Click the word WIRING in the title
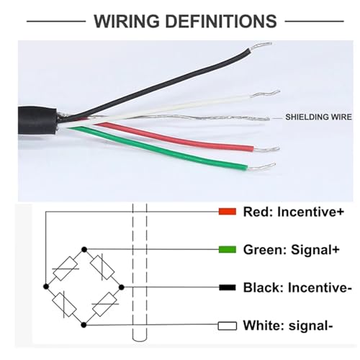(127, 21)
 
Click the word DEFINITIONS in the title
(221, 21)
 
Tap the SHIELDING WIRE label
(318, 117)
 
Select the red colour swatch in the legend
(228, 212)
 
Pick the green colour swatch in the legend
(228, 250)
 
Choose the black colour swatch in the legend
(228, 287)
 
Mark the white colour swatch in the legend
(228, 326)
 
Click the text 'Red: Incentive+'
(294, 212)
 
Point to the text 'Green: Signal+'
(292, 250)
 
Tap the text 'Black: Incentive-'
(297, 287)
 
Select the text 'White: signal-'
(288, 325)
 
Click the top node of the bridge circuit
(84, 250)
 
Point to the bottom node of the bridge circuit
(84, 325)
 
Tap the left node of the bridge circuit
(46, 287)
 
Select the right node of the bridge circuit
(122, 287)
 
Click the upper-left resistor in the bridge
(66, 269)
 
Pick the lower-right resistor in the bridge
(105, 305)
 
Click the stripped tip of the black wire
(261, 46)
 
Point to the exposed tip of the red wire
(266, 149)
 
